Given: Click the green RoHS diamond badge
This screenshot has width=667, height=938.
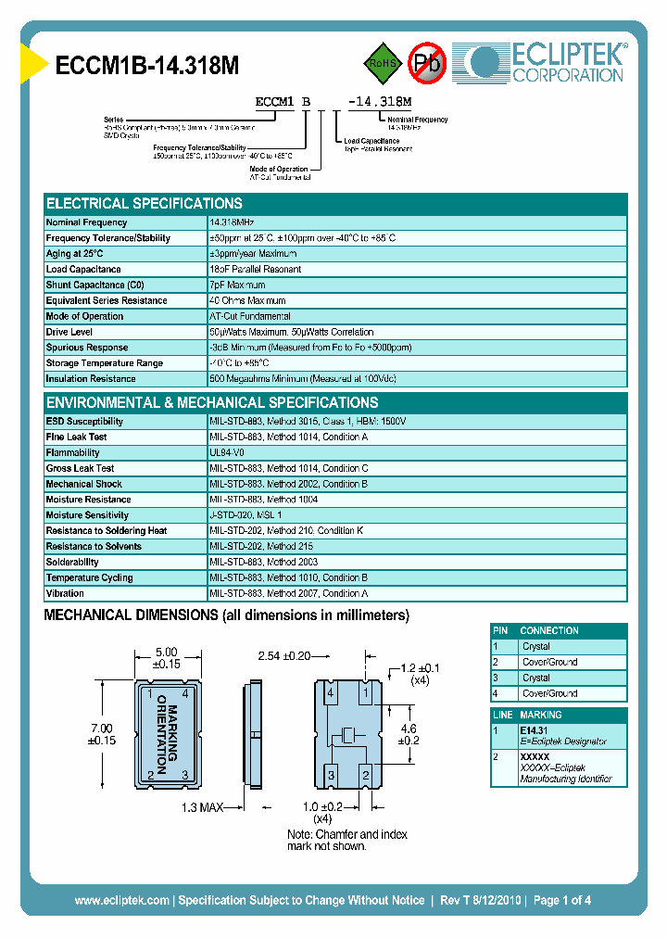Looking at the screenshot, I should pos(382,62).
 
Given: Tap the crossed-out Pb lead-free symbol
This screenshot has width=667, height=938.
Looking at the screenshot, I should pos(427,62).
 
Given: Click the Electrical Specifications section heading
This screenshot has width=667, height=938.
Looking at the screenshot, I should pos(145,203).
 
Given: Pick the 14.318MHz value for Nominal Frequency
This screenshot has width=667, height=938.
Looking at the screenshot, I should pos(232,222).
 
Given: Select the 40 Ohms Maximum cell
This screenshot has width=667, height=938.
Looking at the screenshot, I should pos(247,301).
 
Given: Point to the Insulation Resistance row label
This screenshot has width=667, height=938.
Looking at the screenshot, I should pos(90,379).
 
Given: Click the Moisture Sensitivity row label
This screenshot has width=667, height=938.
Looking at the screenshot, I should pos(87,515).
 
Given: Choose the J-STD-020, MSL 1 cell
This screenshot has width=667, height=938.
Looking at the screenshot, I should pos(245,515).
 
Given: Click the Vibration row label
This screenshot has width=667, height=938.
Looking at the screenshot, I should pos(65,593).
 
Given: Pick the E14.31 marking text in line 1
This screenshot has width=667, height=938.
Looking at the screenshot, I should pos(535,730).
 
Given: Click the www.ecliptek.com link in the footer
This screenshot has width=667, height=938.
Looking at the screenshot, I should pos(121,900).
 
